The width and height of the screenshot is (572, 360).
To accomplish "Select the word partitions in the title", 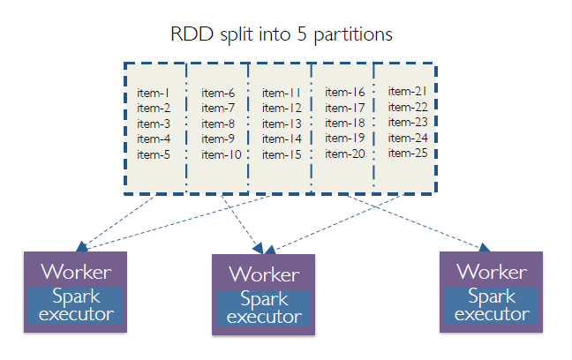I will [x=355, y=36].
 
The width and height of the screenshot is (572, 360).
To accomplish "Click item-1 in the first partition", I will [x=154, y=93].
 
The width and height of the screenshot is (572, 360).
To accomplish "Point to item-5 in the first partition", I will [x=154, y=154].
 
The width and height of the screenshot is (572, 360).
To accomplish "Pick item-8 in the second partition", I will [x=217, y=124].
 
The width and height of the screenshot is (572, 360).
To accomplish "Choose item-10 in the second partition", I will [x=221, y=154].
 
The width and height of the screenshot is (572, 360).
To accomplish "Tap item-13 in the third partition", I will [x=282, y=124].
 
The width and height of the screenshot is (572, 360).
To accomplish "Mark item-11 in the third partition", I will [x=282, y=93].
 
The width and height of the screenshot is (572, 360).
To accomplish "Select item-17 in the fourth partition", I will [x=345, y=108].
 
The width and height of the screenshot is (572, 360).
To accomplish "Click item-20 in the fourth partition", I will [x=345, y=154].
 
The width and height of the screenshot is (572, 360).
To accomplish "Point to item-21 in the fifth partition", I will [x=408, y=91].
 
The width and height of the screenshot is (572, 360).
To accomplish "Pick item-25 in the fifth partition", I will [x=408, y=153].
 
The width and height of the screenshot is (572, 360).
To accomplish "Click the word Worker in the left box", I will [x=76, y=271].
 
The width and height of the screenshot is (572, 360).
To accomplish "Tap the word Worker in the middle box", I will [x=264, y=274].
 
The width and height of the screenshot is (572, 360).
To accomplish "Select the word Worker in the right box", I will [x=492, y=271].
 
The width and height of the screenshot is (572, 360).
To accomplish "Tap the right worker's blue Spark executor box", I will [x=492, y=305].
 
